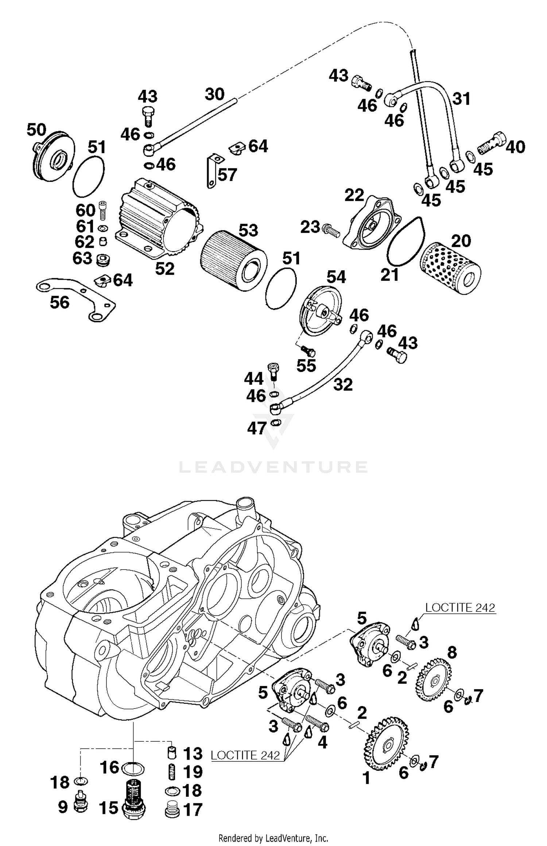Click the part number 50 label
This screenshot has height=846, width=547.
click(36, 130)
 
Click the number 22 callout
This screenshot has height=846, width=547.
click(354, 195)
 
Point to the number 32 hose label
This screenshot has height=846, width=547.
click(343, 385)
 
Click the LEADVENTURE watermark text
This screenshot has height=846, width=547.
click(273, 467)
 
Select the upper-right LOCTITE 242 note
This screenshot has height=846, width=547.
click(460, 608)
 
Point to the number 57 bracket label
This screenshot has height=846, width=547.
click(228, 175)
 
